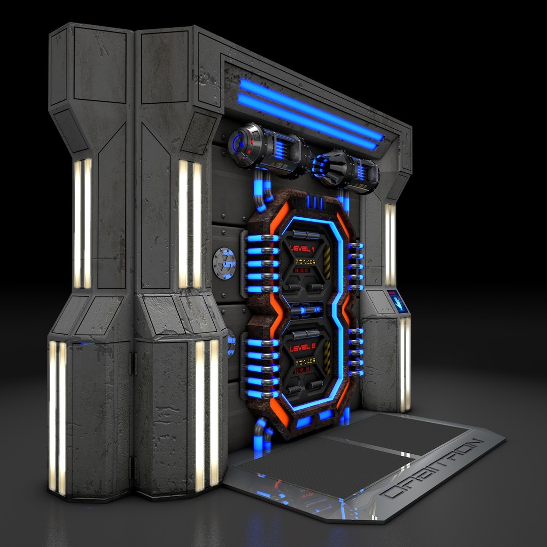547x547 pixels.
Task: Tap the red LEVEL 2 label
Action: click(302, 348)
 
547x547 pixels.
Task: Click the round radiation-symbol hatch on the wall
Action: click(224, 261)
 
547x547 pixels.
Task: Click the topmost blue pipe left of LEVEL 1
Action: click(261, 238)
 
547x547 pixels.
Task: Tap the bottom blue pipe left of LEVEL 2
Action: click(261, 394)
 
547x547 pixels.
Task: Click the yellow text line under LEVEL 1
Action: click(302, 262)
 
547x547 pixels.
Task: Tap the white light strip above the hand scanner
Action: click(389, 243)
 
